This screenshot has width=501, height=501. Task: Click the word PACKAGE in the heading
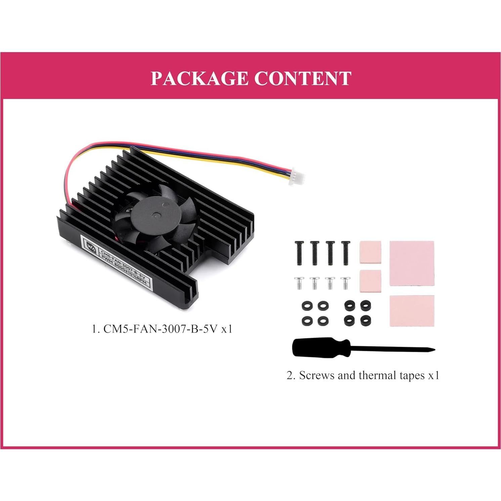[199, 78]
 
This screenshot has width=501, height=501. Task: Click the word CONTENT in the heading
[302, 78]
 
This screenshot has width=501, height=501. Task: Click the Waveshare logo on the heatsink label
[90, 246]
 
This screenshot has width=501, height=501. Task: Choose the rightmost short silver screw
[345, 283]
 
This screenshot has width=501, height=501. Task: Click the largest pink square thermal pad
[412, 263]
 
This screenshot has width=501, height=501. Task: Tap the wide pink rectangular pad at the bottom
[412, 310]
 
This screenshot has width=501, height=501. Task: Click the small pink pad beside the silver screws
[370, 281]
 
